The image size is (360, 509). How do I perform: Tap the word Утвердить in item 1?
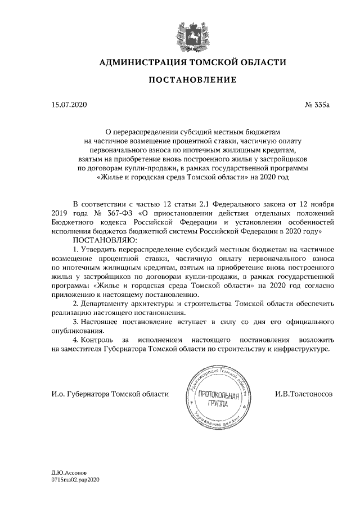[x=101, y=249]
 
